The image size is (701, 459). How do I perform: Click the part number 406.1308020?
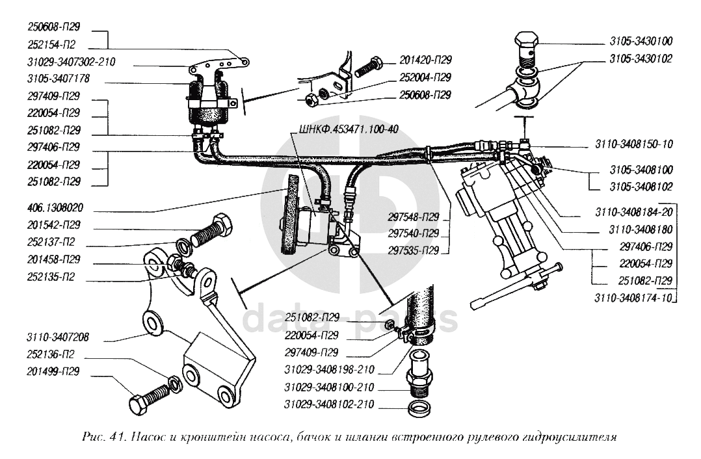(57, 211)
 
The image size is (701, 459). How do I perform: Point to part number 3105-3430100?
(641, 41)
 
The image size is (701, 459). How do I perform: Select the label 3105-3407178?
(59, 79)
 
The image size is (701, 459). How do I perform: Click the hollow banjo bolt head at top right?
(529, 41)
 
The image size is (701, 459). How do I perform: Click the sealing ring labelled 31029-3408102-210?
(416, 409)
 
